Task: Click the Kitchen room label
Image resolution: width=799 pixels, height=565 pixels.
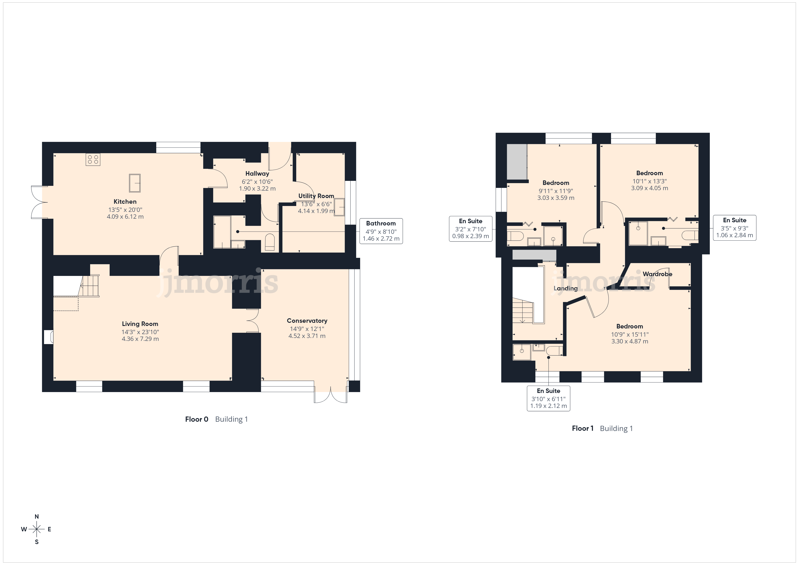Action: (x=125, y=201)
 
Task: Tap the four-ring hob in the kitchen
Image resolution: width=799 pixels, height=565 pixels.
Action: (x=93, y=160)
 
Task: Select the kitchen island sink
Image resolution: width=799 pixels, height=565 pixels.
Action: (x=135, y=183)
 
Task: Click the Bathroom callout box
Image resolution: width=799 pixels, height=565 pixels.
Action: (x=381, y=231)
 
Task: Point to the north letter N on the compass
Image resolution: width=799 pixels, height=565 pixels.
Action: (x=36, y=517)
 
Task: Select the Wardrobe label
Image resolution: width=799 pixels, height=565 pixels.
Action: (x=657, y=274)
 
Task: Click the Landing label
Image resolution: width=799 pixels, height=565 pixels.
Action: (x=566, y=288)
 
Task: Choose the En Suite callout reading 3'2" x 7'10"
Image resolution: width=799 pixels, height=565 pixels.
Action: (x=470, y=229)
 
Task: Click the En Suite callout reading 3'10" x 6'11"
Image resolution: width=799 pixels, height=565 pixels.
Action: (x=549, y=398)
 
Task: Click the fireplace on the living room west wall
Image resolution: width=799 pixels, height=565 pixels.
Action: (x=49, y=337)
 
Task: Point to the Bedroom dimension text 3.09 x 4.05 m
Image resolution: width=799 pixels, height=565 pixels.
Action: (x=649, y=188)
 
